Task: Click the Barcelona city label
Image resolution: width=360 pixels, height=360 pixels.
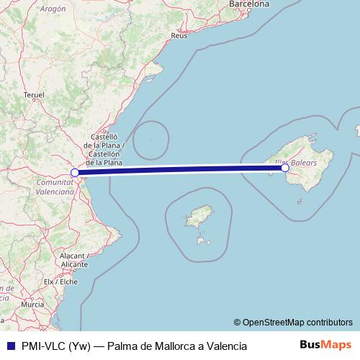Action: [248, 4]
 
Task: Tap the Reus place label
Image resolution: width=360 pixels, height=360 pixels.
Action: [180, 35]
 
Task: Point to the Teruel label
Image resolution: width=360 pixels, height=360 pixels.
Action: [34, 94]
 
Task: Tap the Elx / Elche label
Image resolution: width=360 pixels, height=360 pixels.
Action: [60, 282]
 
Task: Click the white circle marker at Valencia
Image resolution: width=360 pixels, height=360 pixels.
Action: [75, 173]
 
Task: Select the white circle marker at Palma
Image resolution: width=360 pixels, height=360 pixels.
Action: [285, 168]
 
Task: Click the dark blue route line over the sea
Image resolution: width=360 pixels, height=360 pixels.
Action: [180, 170]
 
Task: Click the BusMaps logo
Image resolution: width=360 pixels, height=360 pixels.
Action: [325, 345]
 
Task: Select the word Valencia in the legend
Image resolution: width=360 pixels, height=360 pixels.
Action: [222, 346]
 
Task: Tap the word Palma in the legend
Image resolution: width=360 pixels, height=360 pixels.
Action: [124, 346]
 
